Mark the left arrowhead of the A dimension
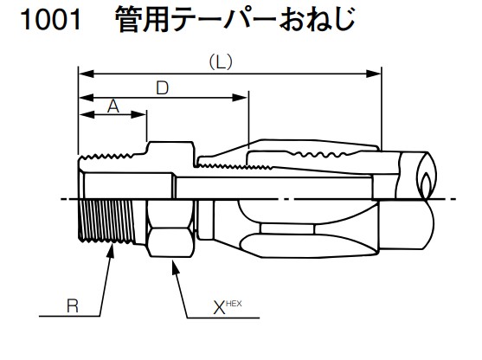point(83,115)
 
